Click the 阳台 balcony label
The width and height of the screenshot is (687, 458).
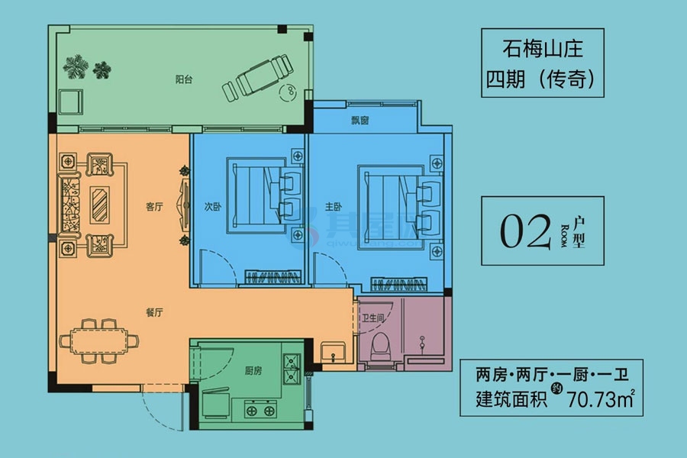[182, 79]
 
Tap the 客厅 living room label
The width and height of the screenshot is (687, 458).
[155, 206]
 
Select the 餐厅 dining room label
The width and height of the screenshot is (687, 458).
[156, 311]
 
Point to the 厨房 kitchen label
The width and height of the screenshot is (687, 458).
[254, 371]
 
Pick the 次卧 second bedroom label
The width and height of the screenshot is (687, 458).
[213, 205]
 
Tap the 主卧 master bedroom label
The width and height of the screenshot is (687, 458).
[331, 205]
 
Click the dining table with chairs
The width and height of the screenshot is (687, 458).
[99, 340]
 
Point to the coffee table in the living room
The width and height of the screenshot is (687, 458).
[100, 205]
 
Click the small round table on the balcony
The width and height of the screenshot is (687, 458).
[289, 93]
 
